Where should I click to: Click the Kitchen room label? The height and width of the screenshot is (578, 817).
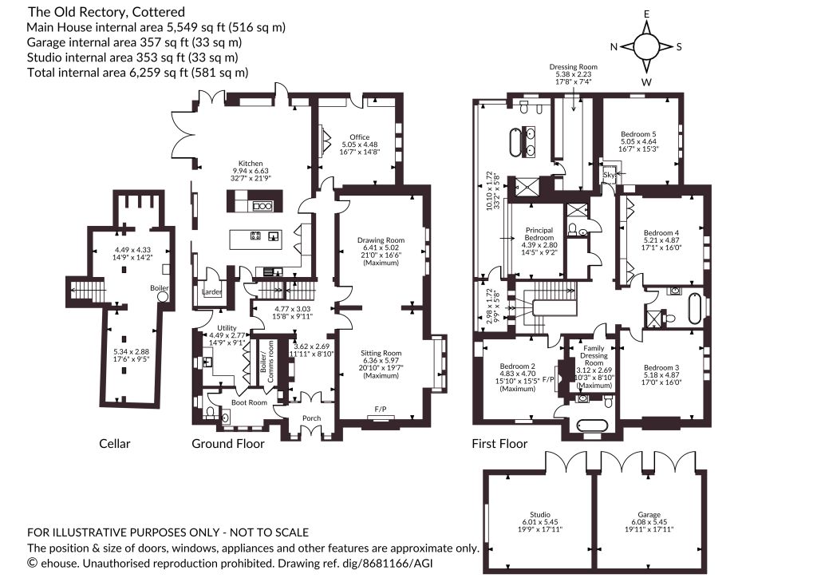click(x=251, y=163)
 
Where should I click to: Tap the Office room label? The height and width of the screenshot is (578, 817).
click(x=360, y=137)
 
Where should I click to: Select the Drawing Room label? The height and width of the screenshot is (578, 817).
click(x=381, y=240)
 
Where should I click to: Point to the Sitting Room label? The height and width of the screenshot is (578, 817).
click(x=381, y=353)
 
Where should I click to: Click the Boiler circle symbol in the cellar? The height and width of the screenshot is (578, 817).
click(x=163, y=296)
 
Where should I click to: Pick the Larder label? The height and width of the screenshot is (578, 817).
click(x=212, y=292)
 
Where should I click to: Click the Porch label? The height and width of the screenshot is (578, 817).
click(x=312, y=418)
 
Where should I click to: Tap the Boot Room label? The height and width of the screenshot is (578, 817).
click(x=249, y=402)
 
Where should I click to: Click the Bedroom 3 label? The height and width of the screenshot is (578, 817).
click(x=661, y=367)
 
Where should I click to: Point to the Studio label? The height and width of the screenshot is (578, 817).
click(x=540, y=514)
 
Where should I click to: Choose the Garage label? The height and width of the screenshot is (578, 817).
click(x=649, y=514)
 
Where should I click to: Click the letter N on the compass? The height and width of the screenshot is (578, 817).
click(x=614, y=47)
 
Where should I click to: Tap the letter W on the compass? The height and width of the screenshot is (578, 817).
click(x=646, y=81)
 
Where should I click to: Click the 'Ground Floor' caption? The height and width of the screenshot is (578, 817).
click(x=228, y=444)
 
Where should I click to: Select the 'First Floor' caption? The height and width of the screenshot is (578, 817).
click(x=499, y=444)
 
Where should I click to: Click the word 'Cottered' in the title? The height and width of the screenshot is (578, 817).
click(x=161, y=11)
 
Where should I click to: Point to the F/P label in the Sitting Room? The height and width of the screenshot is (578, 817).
click(x=381, y=409)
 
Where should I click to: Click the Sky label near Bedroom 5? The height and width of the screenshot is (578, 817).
click(x=609, y=175)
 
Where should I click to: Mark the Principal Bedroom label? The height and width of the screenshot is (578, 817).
click(x=539, y=233)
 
